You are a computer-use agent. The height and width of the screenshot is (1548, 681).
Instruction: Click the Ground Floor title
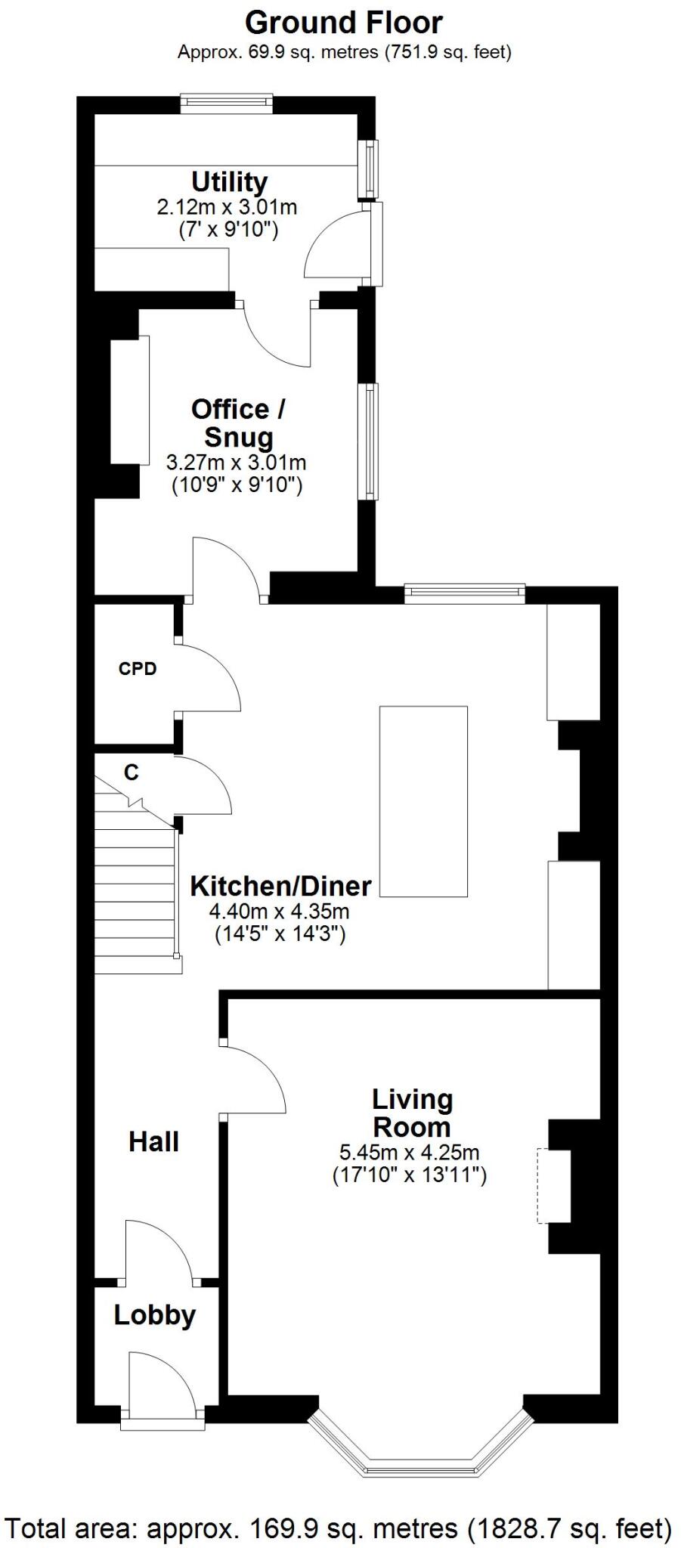(343, 23)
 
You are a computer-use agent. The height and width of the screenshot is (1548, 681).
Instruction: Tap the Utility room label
(229, 182)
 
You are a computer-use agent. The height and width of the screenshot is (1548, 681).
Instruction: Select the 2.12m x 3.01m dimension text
(227, 207)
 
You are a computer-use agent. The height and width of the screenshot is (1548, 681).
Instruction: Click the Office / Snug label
(237, 423)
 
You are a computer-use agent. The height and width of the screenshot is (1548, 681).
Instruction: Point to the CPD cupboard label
(138, 669)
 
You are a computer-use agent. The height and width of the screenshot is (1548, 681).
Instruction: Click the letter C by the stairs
(132, 772)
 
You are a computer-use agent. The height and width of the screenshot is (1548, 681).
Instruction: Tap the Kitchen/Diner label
(280, 886)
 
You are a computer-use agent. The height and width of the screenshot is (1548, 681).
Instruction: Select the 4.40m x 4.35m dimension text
(280, 912)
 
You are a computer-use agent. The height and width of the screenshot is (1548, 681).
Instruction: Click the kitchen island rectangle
(423, 801)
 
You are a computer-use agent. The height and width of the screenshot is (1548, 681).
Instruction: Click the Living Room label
(412, 1113)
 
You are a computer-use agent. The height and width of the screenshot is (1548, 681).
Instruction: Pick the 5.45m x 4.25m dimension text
(409, 1153)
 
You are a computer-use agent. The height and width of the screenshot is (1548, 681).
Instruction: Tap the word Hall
(153, 1141)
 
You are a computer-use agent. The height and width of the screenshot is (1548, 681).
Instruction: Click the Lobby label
(154, 1315)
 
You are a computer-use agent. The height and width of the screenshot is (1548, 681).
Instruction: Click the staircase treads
(136, 899)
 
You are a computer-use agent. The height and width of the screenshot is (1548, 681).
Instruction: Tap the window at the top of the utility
(226, 102)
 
